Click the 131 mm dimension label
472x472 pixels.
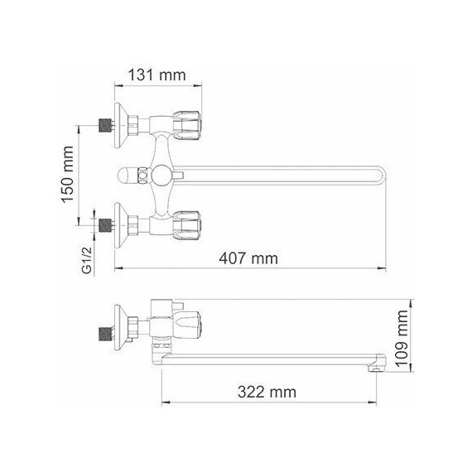156,75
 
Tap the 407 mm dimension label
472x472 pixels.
250,258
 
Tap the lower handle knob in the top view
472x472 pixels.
190,224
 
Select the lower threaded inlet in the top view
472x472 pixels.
104,224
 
